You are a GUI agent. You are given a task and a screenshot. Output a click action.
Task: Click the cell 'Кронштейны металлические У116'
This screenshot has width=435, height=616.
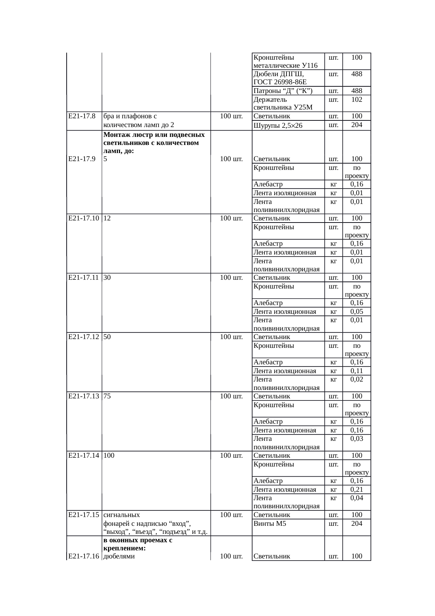(x=286, y=61)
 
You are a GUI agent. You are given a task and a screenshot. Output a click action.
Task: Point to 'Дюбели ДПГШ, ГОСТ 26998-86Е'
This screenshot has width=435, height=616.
(x=280, y=78)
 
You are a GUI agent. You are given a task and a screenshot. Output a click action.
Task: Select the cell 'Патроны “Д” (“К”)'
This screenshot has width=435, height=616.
(x=283, y=91)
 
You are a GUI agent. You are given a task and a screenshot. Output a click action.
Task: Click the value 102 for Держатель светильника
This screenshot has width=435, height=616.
(x=357, y=99)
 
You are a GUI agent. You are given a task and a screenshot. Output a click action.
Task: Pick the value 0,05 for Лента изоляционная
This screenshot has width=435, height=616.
(x=357, y=311)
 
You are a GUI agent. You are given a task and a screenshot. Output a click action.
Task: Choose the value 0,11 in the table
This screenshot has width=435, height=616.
(x=357, y=371)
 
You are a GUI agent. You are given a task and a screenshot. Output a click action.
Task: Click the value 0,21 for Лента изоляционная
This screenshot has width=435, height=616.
(x=357, y=489)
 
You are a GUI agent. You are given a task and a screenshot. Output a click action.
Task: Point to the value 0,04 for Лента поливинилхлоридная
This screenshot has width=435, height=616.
(x=357, y=498)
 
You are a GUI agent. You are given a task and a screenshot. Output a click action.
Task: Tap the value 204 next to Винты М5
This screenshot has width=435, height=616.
(x=357, y=523)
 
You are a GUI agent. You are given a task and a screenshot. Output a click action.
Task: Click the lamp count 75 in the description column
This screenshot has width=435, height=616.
(x=107, y=396)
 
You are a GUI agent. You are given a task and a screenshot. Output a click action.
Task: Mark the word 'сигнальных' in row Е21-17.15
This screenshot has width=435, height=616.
(x=122, y=515)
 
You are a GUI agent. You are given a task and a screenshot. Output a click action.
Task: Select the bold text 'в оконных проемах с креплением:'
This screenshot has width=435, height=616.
(x=138, y=544)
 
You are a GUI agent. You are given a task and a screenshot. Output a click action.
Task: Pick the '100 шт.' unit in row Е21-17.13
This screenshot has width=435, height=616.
(x=231, y=396)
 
